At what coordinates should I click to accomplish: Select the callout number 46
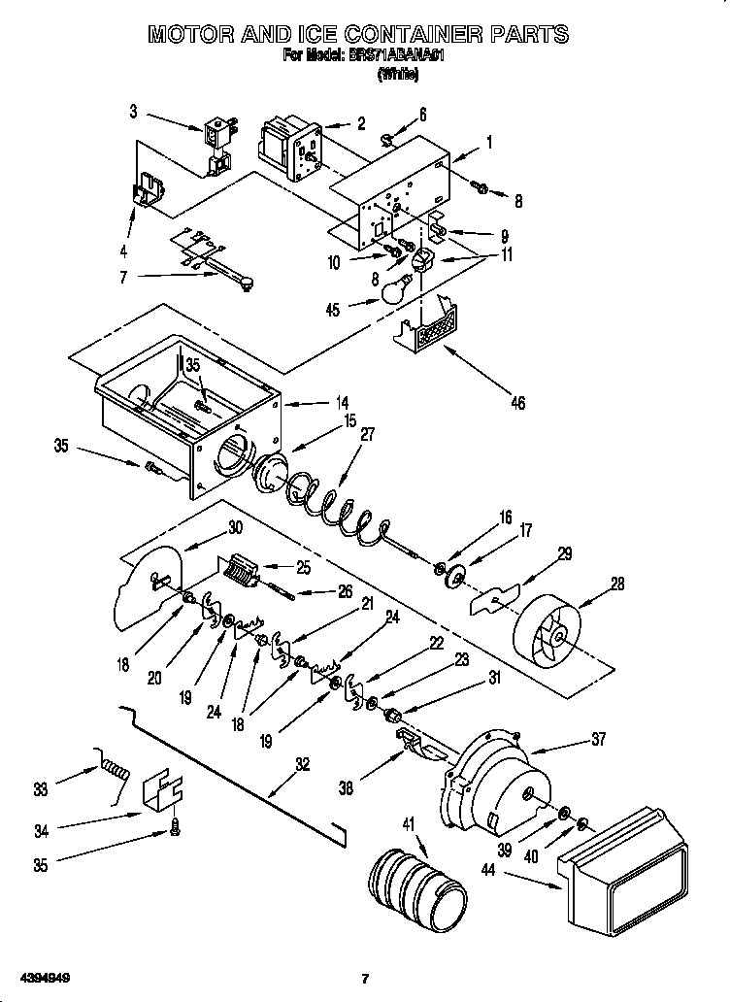tap(516, 402)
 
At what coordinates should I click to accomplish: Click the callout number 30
tap(234, 528)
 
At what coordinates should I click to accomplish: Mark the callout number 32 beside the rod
tap(303, 763)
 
